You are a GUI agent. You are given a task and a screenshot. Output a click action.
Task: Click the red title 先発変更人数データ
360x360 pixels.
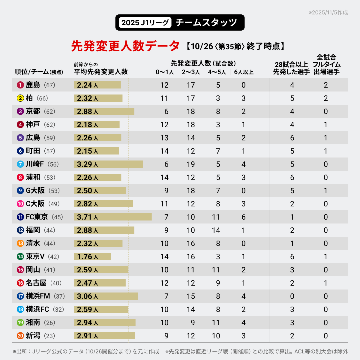(x=125, y=46)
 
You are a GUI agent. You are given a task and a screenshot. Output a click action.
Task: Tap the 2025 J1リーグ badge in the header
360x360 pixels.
(x=145, y=22)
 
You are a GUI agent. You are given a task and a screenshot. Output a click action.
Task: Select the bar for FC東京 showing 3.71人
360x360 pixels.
(x=113, y=217)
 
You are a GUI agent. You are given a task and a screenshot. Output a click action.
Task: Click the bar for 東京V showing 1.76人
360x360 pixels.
(x=92, y=256)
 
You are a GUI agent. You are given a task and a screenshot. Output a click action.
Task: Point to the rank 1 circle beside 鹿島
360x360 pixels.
(x=20, y=85)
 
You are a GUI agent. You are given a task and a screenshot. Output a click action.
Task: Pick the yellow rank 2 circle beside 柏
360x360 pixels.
(x=20, y=98)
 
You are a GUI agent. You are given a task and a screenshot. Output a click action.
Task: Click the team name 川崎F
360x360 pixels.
(x=35, y=164)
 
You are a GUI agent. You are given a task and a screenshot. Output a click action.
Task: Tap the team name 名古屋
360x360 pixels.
(x=36, y=283)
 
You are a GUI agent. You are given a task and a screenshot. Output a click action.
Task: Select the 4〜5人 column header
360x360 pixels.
(x=217, y=72)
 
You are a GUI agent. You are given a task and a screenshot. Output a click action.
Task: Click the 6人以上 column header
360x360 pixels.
(x=244, y=72)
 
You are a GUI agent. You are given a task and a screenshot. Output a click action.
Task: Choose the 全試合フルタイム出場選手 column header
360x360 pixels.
(x=326, y=64)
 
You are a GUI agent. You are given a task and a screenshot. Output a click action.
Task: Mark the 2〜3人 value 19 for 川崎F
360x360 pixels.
(x=191, y=164)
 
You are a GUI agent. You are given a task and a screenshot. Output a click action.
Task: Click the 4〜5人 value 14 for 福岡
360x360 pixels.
(x=216, y=230)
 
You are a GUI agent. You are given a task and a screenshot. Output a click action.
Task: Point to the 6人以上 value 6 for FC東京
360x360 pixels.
(x=244, y=217)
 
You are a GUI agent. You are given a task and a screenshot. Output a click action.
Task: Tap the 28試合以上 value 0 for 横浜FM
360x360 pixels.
(x=292, y=296)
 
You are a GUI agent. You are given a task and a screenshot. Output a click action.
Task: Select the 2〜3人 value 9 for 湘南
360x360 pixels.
(x=193, y=323)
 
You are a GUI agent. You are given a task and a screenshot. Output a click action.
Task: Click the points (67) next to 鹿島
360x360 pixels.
(x=49, y=85)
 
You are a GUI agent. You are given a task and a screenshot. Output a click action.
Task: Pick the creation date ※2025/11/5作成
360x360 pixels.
(x=328, y=13)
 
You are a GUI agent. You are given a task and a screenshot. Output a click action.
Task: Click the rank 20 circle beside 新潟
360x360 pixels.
(x=20, y=336)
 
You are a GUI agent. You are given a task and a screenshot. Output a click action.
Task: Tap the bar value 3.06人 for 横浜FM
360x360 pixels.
(x=87, y=296)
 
